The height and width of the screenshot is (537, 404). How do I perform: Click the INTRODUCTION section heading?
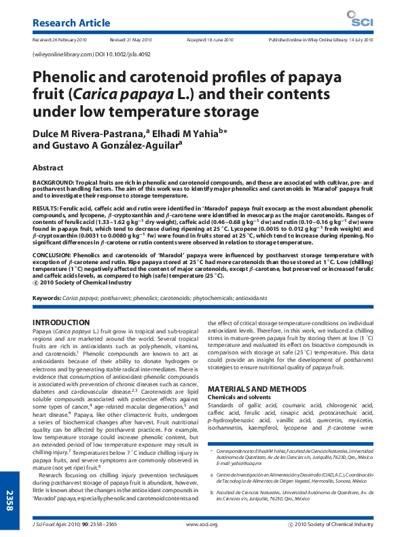pyautogui.click(x=60, y=322)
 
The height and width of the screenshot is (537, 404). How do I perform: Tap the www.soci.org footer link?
pyautogui.click(x=202, y=525)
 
